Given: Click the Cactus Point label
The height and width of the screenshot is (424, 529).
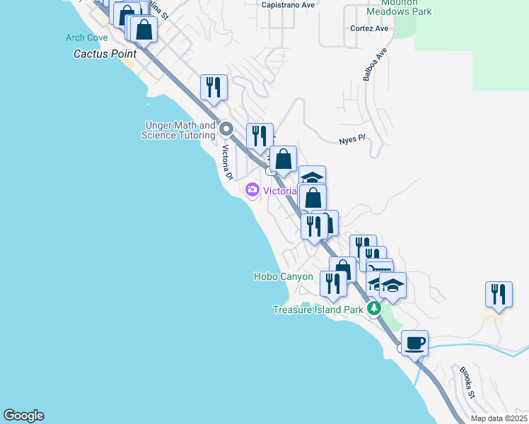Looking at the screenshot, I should pos(105,54).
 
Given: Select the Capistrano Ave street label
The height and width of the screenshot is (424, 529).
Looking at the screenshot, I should pos(288,4).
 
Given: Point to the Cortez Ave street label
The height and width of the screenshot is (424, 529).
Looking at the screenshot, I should pos(369,29).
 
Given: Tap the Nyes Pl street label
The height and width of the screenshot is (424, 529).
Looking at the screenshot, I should pos(351,139).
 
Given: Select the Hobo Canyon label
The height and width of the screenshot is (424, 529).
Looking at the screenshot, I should pos(283,276).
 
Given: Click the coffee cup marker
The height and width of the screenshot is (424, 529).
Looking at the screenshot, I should pos(414,343).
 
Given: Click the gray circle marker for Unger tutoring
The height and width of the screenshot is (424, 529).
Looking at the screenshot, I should pos(226,129).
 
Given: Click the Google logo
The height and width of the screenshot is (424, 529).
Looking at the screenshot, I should pos(23,416).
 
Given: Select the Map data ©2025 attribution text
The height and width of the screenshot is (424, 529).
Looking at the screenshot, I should pos(498,418).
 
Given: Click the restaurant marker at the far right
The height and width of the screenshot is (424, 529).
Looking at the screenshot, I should pos(499,295).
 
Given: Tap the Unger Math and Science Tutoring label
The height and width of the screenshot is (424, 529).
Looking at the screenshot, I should pos(178,130).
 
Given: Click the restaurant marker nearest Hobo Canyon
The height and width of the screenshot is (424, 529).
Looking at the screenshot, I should pos(332,283).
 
